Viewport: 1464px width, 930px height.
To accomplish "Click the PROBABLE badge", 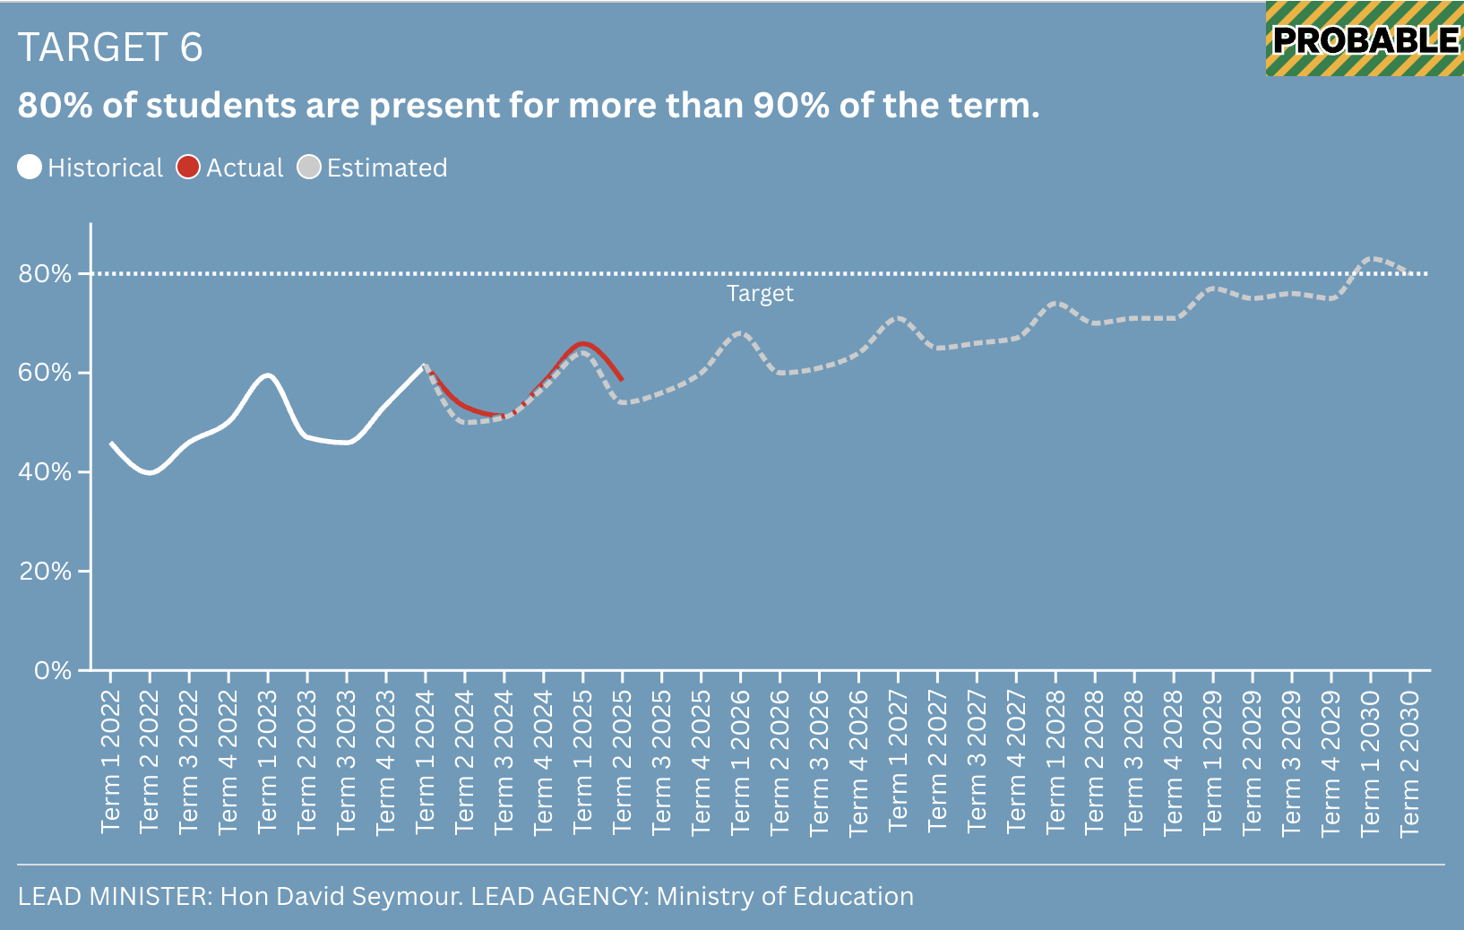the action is point(1365,39).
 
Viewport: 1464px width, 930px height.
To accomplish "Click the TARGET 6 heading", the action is point(110,47).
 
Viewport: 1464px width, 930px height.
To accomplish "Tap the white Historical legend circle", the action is point(30,168).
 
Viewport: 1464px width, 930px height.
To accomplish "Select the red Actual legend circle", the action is point(188,168).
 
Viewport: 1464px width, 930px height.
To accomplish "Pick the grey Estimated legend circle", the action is point(309,168).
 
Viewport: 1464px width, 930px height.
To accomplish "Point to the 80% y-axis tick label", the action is point(45,274).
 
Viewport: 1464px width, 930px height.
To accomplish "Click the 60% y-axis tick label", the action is point(45,374).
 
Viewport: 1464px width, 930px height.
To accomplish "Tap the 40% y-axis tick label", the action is point(45,472).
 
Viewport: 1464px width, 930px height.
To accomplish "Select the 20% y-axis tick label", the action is point(45,572).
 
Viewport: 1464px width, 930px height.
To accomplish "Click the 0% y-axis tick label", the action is point(52,670).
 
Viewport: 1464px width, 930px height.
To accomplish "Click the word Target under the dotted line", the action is point(760,294).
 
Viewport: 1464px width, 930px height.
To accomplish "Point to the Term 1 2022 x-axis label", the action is point(110,762).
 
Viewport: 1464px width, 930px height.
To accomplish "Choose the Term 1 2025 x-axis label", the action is point(582,762).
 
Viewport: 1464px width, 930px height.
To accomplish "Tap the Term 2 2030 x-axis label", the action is point(1409,762).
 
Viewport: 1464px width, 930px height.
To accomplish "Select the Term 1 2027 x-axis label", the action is point(898,762).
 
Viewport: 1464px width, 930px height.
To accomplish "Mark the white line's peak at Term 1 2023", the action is point(267,375).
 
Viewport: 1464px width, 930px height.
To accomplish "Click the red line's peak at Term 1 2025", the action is point(583,343).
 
